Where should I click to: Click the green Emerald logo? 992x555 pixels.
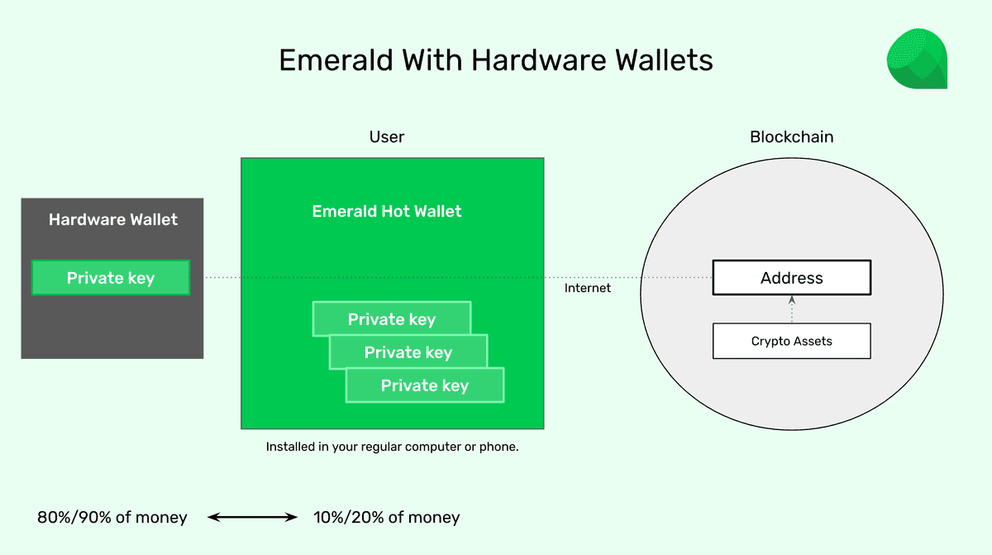click(x=916, y=59)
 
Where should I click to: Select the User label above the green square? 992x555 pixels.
click(x=387, y=137)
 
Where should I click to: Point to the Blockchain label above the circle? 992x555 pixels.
click(x=791, y=137)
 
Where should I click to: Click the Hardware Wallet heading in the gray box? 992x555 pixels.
click(x=112, y=219)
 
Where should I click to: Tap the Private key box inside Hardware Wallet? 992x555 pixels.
click(x=111, y=278)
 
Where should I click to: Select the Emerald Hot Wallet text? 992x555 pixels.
click(x=387, y=211)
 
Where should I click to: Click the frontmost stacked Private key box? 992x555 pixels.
click(x=425, y=386)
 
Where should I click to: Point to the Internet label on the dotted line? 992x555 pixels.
click(x=588, y=288)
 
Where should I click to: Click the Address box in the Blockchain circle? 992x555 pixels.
click(x=791, y=278)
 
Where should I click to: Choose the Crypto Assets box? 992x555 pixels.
click(x=791, y=341)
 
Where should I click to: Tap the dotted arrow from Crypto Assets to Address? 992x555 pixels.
click(x=791, y=309)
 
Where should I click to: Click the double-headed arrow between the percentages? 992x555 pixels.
click(x=252, y=518)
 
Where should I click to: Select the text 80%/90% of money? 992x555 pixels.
click(x=112, y=518)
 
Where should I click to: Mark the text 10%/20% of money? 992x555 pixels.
click(x=386, y=518)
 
